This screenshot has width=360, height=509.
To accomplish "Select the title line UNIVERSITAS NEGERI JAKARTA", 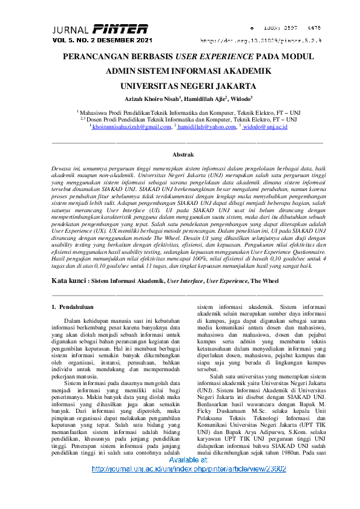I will tap(180, 85).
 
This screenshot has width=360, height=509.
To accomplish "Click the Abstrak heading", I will tap(183, 155).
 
